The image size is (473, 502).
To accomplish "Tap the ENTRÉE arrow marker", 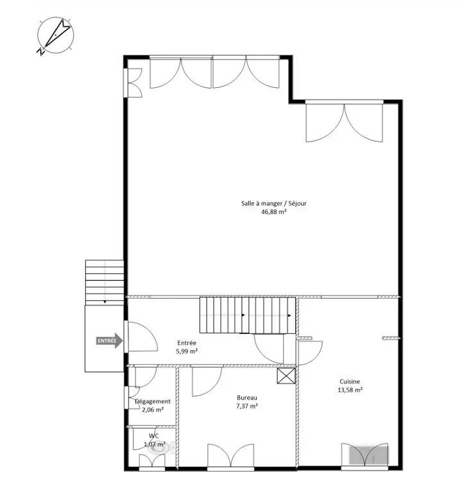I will click(x=108, y=341).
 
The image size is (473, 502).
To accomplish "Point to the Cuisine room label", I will click(x=350, y=380).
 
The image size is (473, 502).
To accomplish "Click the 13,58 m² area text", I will click(x=350, y=389).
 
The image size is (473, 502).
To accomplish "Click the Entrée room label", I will click(x=187, y=343).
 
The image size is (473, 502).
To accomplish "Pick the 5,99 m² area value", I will click(x=187, y=352).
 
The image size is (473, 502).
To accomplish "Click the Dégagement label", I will click(x=153, y=401).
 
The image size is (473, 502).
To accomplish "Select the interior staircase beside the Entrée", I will click(x=246, y=315).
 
